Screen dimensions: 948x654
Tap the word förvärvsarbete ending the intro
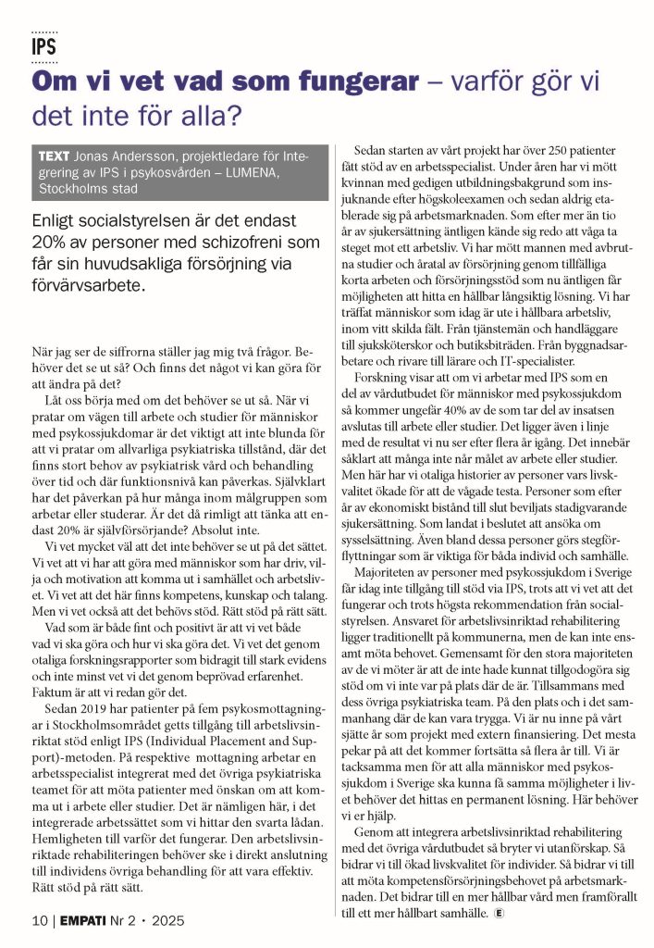[x=87, y=285]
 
